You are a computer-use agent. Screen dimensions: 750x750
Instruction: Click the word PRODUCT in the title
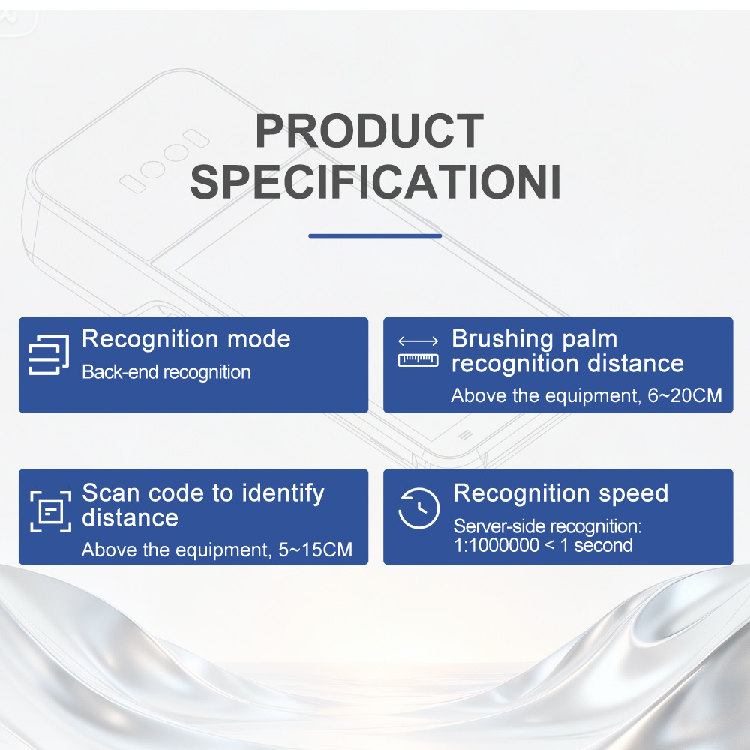click(x=369, y=130)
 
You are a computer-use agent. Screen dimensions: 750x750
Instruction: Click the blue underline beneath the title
click(x=375, y=235)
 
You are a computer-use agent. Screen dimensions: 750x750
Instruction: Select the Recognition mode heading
click(x=186, y=339)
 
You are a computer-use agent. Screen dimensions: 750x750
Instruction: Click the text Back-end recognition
click(x=166, y=372)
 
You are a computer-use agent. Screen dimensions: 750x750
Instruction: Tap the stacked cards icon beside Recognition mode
click(x=48, y=355)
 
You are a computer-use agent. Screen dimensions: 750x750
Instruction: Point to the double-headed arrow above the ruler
click(x=418, y=341)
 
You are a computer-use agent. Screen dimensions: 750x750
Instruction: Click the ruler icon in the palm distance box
click(x=418, y=360)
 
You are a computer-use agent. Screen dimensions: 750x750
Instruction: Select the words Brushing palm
click(x=535, y=339)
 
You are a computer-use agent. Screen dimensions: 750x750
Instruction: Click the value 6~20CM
click(x=685, y=395)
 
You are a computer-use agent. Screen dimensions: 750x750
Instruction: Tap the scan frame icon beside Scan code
click(x=51, y=511)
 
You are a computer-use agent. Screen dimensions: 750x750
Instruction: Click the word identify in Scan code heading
click(x=283, y=494)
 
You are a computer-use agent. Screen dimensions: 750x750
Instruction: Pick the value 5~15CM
click(x=315, y=550)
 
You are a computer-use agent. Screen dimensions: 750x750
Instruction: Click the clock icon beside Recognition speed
click(x=419, y=508)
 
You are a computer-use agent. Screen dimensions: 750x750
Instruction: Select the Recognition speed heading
click(x=560, y=494)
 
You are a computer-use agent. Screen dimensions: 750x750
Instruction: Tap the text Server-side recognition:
click(x=547, y=526)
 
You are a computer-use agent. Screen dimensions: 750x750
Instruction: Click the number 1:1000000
click(x=496, y=546)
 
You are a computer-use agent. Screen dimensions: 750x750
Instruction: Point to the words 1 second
click(x=596, y=546)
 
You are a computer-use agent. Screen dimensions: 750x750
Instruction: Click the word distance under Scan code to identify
click(x=130, y=518)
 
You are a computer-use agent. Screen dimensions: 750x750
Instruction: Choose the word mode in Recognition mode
click(x=259, y=339)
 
